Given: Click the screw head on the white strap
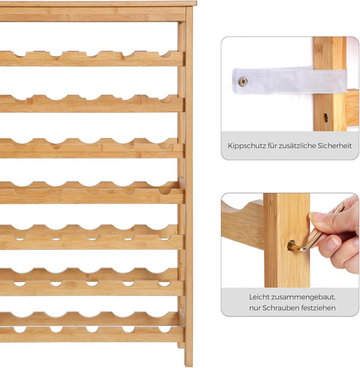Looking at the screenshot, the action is (x=243, y=82).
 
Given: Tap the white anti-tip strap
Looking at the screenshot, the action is (x=289, y=80).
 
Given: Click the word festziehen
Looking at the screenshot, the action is (x=319, y=308).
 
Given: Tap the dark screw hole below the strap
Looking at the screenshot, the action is (x=326, y=117).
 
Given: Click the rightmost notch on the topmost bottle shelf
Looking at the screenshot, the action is (x=167, y=54).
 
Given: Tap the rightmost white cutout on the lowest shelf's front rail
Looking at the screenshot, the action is (x=165, y=330).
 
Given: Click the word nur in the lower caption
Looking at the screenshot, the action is (x=254, y=308).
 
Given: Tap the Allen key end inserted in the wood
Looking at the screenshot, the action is (x=292, y=246).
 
